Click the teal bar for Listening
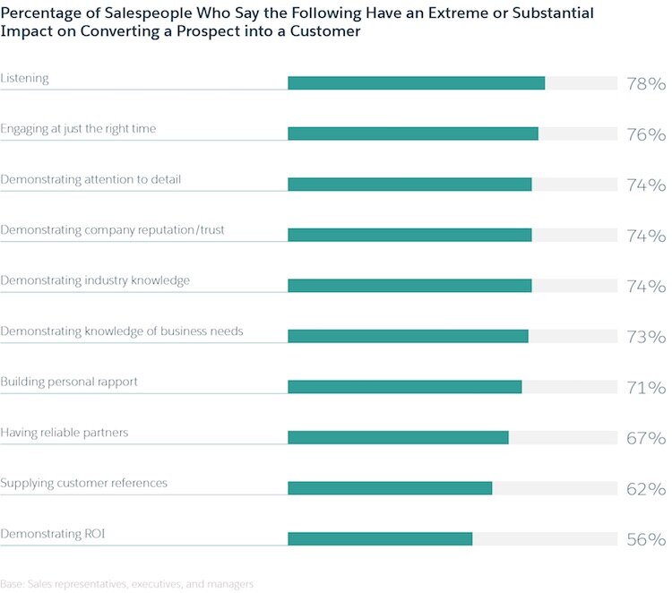(x=416, y=83)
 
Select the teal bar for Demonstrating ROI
(x=380, y=538)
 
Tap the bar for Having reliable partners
(x=398, y=437)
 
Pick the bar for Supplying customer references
(x=390, y=488)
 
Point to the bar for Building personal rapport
(x=404, y=387)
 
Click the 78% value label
(x=645, y=84)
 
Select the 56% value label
(x=645, y=539)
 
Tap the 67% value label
(x=645, y=438)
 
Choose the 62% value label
(x=645, y=489)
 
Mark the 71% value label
(x=645, y=388)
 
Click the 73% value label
(x=645, y=337)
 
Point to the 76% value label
(x=645, y=134)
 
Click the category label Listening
(x=24, y=78)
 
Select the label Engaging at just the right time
(x=78, y=129)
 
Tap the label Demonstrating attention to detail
(x=90, y=179)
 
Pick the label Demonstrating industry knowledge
(x=95, y=280)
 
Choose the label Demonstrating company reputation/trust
(x=112, y=230)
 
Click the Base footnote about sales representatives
(x=126, y=583)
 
